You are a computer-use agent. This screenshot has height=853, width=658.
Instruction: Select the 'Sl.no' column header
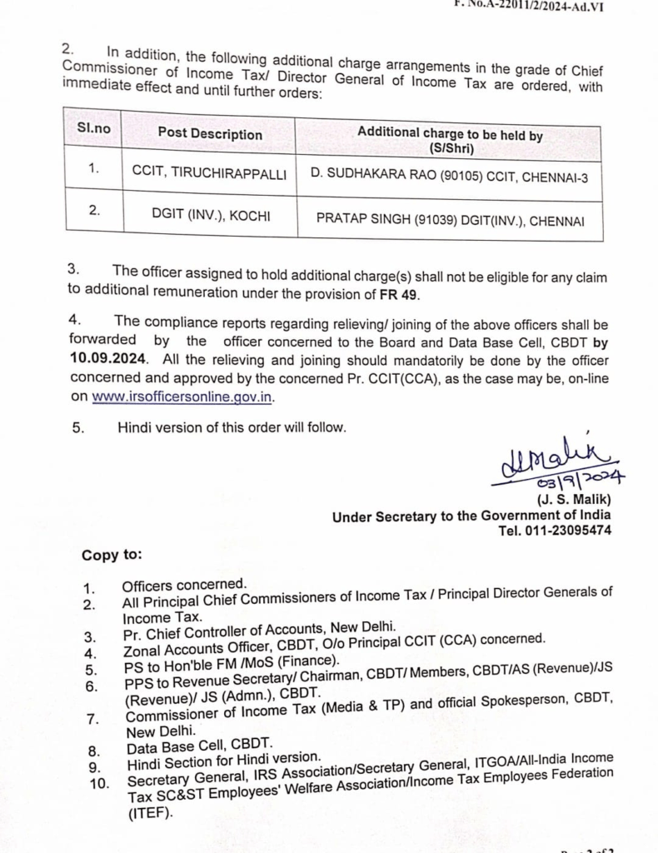(x=93, y=128)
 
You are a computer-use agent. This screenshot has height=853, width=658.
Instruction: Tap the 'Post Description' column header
(x=210, y=133)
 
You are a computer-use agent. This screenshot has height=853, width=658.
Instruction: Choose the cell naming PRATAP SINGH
(x=451, y=221)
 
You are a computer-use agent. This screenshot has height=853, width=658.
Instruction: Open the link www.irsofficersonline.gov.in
(x=182, y=397)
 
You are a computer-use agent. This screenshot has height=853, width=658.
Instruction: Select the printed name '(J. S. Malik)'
(x=575, y=500)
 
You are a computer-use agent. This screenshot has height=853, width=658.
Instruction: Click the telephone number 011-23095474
(x=567, y=530)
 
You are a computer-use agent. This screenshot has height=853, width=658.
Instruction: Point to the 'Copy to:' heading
(x=112, y=555)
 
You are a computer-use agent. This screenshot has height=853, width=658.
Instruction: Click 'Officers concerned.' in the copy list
(x=184, y=586)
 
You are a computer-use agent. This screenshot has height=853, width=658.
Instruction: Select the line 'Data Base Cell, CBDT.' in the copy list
(x=199, y=747)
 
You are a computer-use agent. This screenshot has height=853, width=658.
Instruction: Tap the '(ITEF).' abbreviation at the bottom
(x=151, y=813)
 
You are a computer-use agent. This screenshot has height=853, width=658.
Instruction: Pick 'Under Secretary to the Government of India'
(x=471, y=516)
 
